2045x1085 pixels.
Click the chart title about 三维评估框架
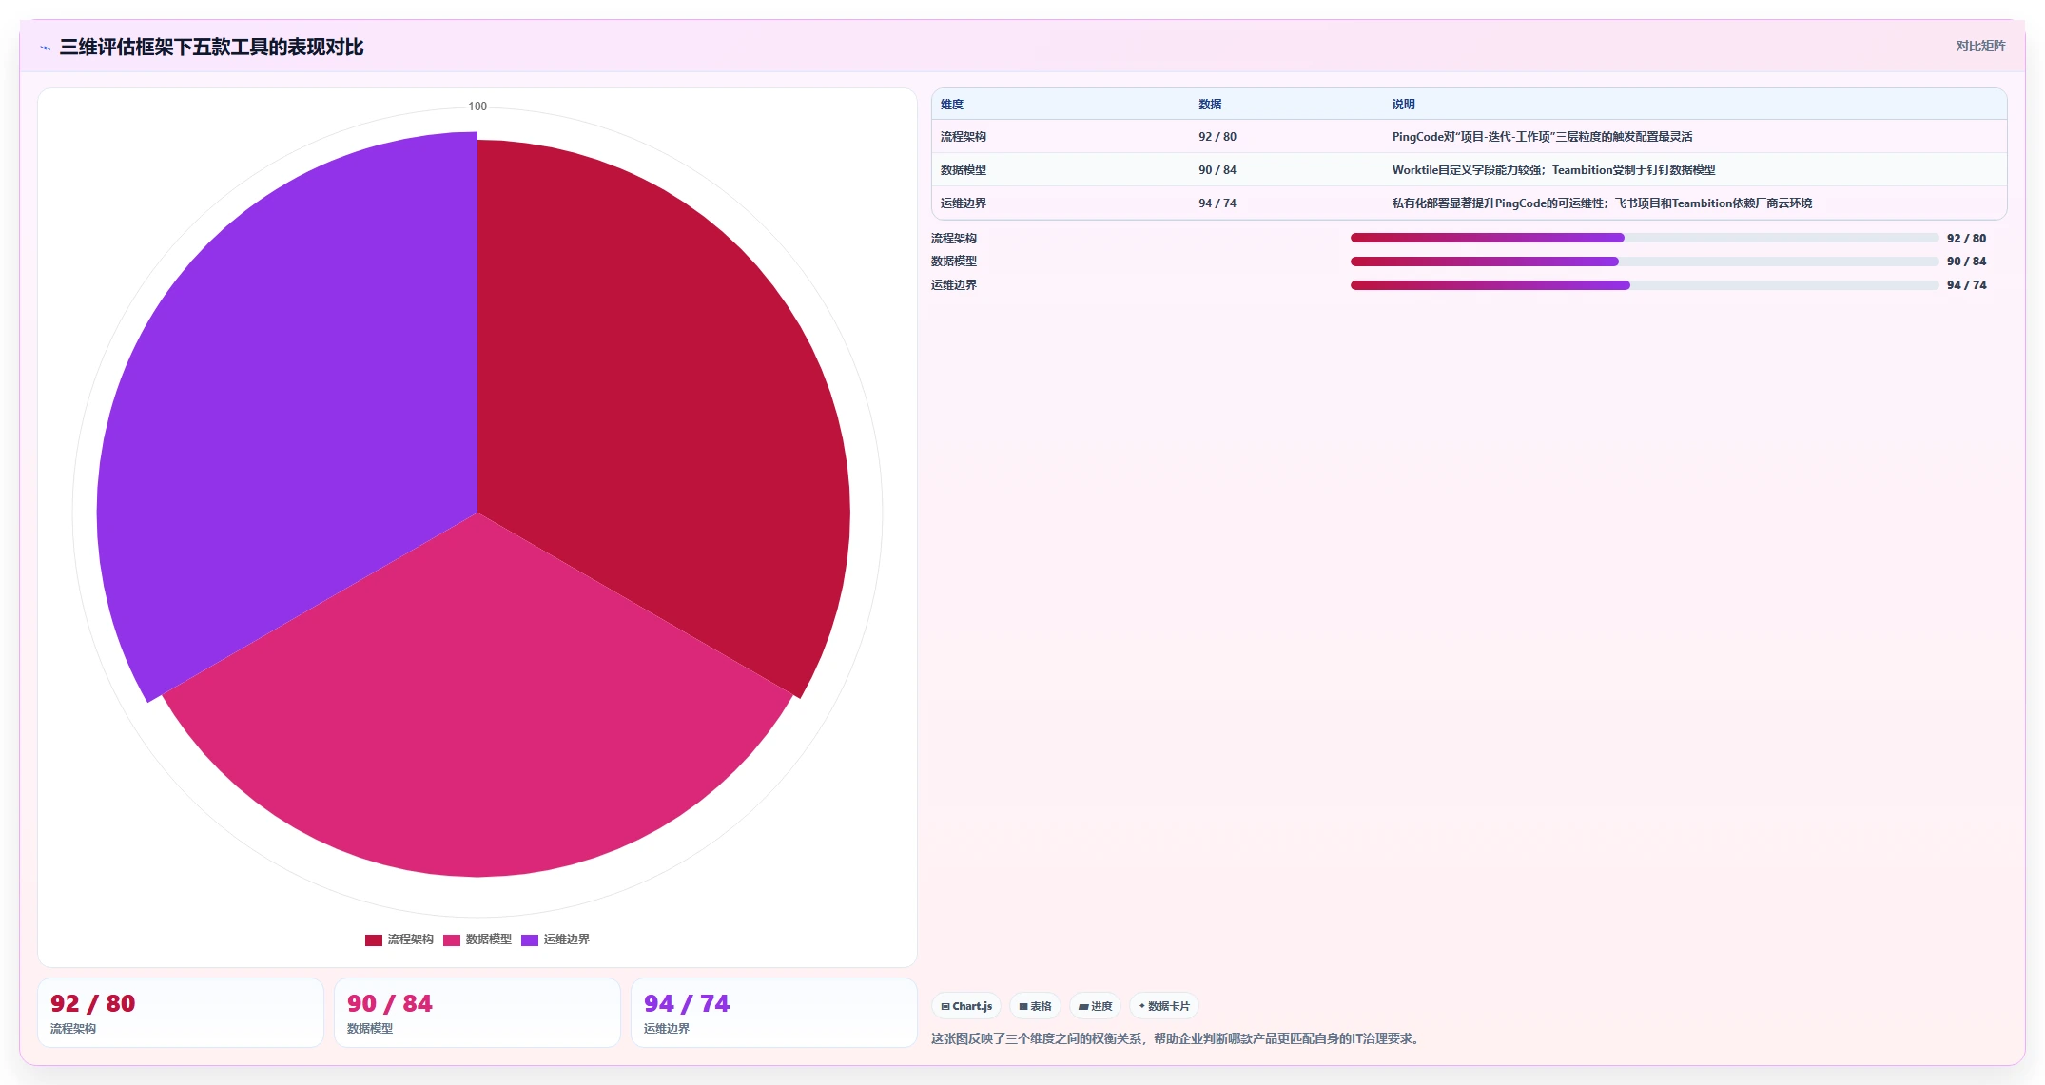(211, 47)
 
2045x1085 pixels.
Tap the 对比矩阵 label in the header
(1980, 46)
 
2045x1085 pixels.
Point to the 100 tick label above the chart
(477, 107)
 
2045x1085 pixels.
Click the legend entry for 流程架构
(399, 940)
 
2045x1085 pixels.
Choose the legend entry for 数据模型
(477, 940)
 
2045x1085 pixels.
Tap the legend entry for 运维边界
(555, 940)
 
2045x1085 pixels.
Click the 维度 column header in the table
(952, 105)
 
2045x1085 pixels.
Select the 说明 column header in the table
(1403, 105)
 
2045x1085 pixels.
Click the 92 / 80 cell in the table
(1217, 137)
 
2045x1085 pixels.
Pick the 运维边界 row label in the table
(964, 203)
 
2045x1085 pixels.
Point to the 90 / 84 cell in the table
(1217, 170)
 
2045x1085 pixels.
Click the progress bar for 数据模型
(1645, 262)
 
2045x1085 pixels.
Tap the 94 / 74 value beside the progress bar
(1966, 285)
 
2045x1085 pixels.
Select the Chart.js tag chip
(966, 1006)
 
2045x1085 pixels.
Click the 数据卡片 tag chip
(1164, 1006)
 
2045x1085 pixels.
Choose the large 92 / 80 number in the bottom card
(93, 1003)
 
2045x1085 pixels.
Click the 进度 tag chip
(1095, 1006)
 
